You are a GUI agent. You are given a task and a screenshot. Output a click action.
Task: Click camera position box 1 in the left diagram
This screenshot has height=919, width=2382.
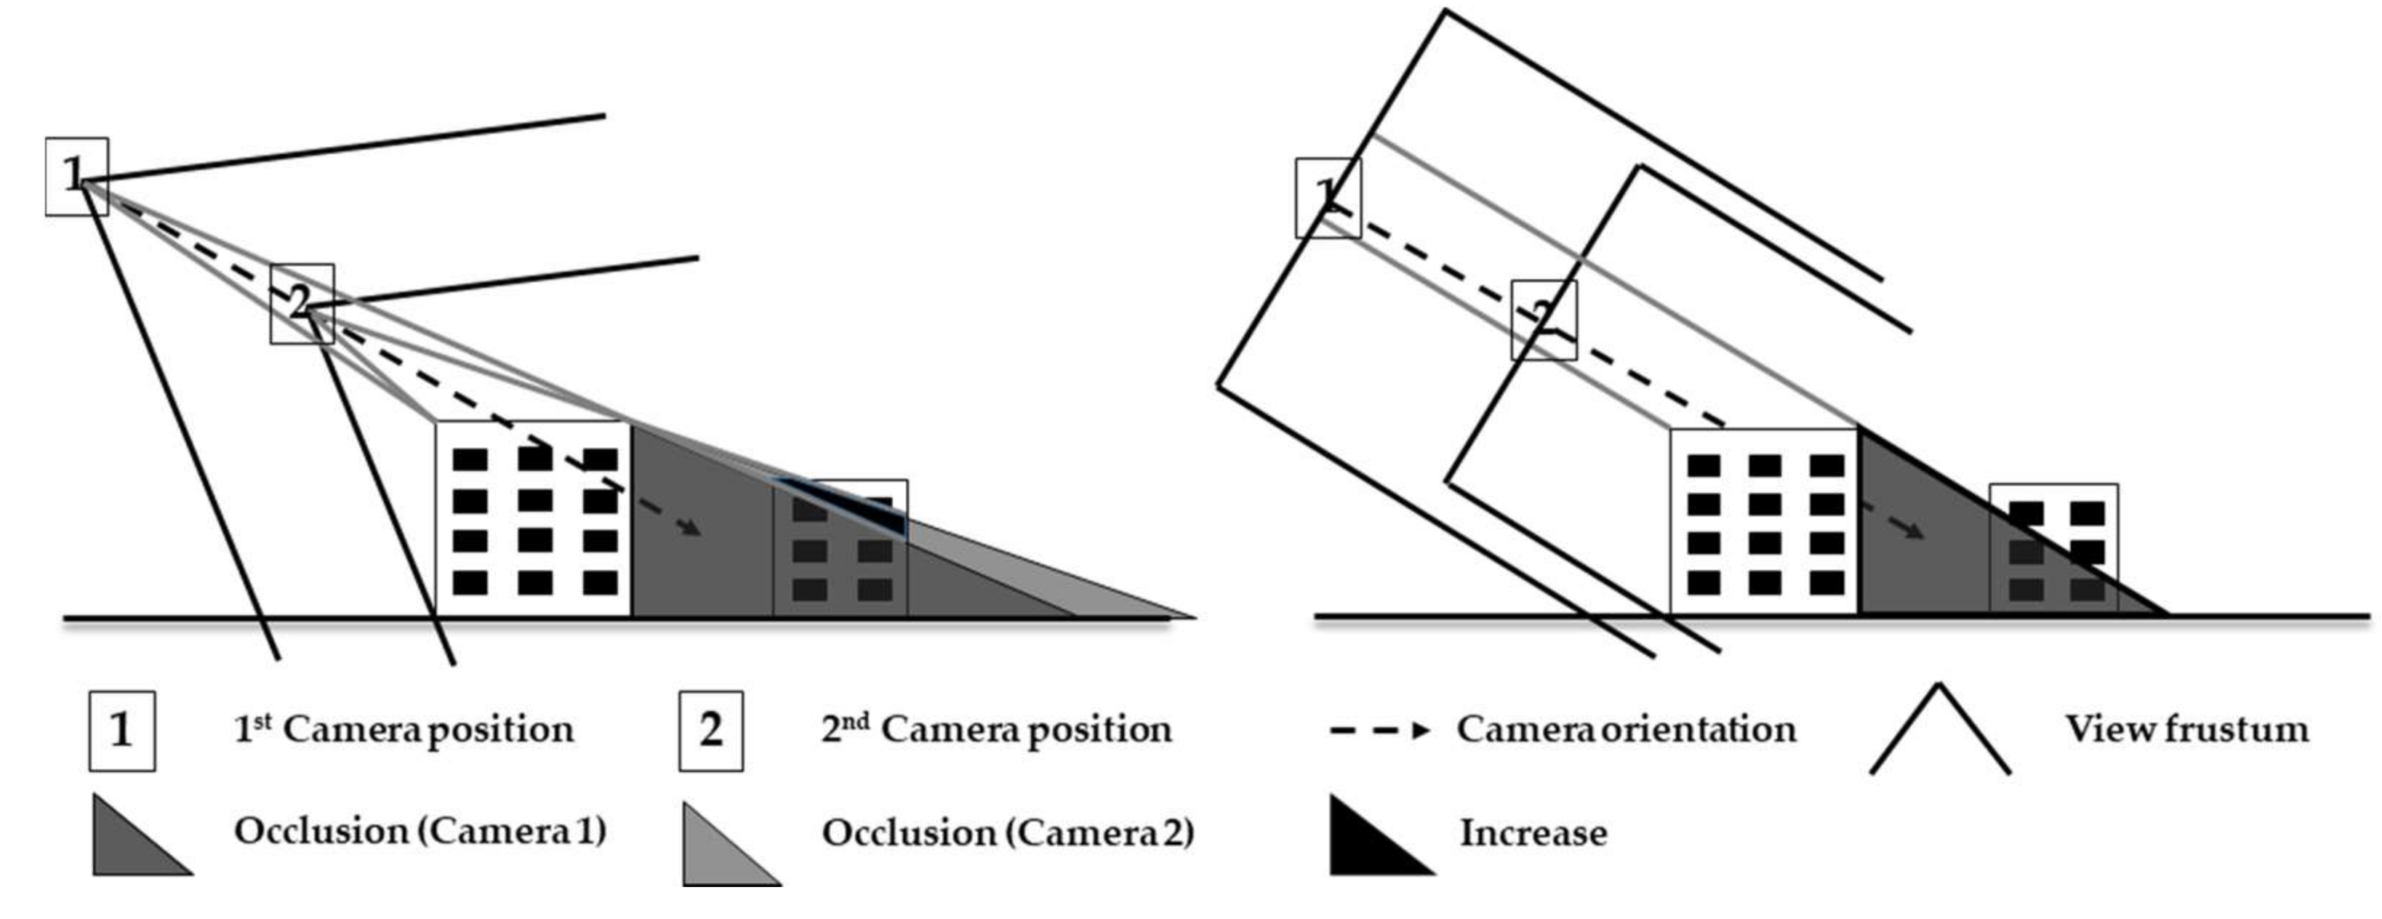[x=77, y=177]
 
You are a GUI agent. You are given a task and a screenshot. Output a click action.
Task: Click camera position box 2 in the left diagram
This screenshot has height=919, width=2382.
[x=302, y=304]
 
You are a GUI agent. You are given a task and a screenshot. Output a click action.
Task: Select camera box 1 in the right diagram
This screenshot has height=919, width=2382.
[x=1328, y=198]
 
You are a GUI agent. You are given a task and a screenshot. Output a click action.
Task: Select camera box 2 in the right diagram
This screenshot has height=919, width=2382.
[x=1544, y=320]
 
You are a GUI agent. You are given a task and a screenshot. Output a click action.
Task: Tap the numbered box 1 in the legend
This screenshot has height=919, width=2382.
[x=122, y=731]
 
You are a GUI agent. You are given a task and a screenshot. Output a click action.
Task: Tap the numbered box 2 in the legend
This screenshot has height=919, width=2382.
[x=710, y=731]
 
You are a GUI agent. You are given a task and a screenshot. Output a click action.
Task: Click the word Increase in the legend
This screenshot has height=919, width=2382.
[x=1532, y=833]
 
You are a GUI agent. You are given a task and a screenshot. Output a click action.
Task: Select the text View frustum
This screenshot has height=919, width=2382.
[x=2187, y=729]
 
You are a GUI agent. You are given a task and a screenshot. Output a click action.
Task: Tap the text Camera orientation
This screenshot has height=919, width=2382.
[x=1626, y=729]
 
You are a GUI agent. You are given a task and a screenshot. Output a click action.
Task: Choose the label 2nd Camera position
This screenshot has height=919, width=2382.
[x=996, y=729]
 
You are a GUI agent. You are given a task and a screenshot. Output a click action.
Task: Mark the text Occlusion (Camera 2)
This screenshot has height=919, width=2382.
[x=1008, y=833]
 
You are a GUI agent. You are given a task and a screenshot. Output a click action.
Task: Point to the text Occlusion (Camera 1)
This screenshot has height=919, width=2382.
[x=420, y=831]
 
